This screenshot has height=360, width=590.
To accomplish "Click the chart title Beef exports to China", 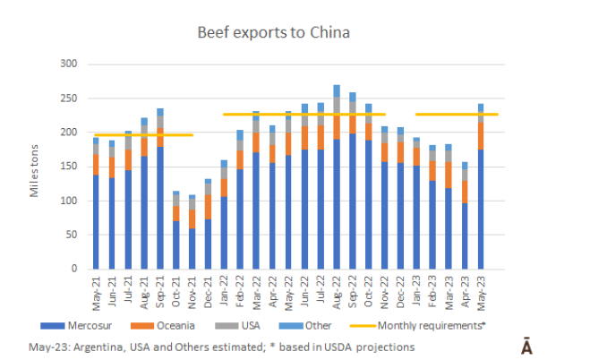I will (273, 33).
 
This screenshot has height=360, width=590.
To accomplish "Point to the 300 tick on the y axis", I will (67, 64).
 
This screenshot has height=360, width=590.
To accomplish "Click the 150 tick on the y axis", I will (67, 167).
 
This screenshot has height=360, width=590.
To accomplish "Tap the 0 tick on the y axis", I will (73, 269).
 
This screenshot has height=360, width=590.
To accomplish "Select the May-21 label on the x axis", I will (96, 287).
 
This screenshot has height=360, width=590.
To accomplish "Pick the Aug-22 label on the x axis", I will (336, 287).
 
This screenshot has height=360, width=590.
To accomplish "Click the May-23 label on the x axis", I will (481, 287).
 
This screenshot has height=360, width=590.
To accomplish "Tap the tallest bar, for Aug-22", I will (337, 179).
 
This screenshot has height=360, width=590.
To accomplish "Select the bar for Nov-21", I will (192, 233).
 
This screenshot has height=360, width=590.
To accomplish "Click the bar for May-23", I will (481, 188).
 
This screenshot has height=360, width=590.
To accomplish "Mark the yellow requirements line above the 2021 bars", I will (143, 135).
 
